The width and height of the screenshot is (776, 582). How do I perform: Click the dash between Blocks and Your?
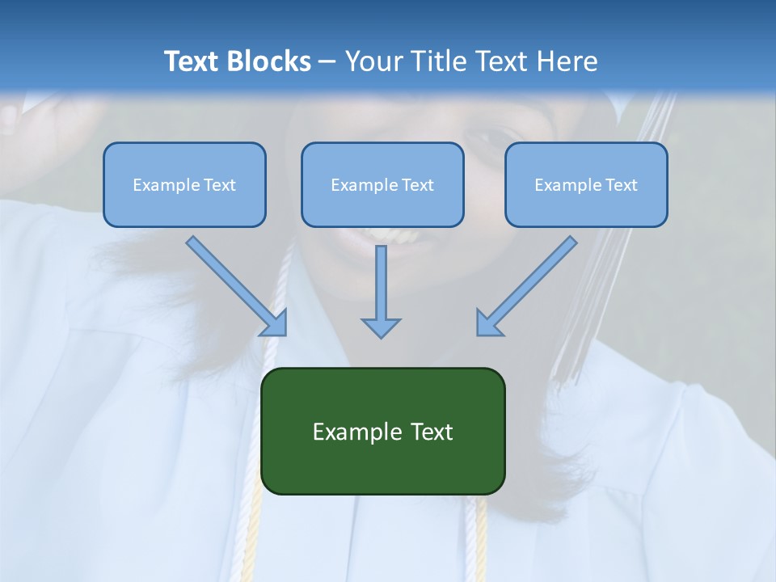point(327,62)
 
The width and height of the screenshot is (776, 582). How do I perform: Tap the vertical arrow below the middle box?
point(381,291)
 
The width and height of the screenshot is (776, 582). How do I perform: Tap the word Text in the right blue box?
point(621,185)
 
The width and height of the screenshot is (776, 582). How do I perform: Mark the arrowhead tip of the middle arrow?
point(381,336)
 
